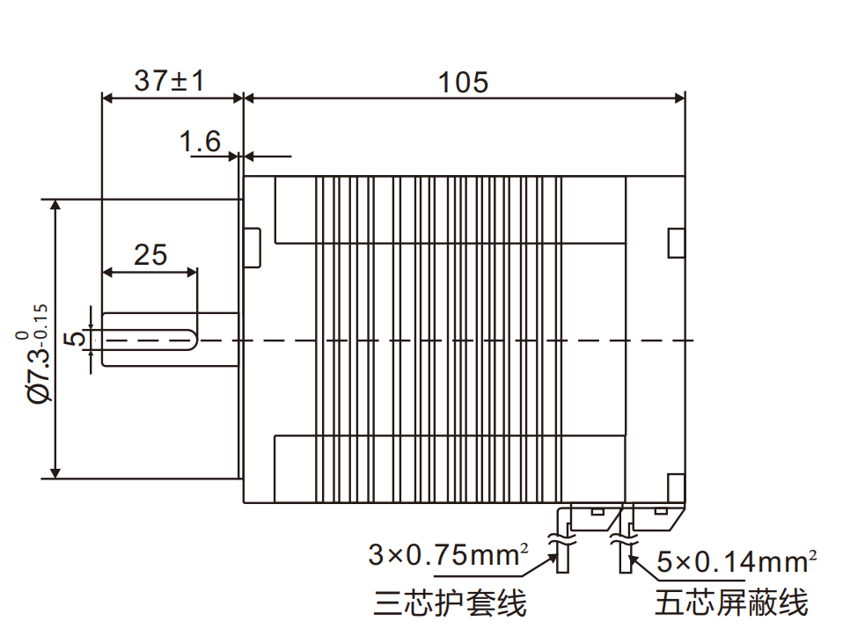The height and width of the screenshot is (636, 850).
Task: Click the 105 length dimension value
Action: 464,82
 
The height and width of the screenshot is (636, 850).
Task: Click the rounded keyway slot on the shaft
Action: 150,340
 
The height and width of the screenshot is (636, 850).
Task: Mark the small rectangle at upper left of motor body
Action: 253,247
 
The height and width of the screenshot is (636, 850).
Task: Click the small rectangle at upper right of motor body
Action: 676,243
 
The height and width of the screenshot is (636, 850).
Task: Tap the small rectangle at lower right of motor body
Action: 676,486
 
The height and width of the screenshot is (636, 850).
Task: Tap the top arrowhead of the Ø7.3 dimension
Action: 55,205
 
